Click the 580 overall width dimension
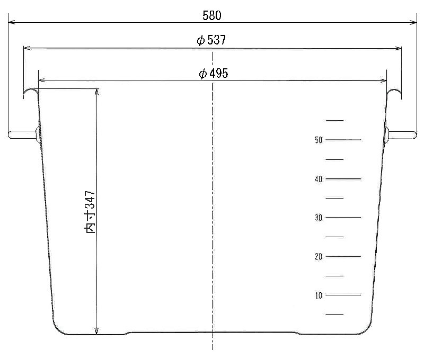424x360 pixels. pyautogui.click(x=212, y=16)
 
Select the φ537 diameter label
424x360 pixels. pyautogui.click(x=211, y=40)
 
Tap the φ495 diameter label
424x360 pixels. pyautogui.click(x=214, y=73)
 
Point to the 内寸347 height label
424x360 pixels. pyautogui.click(x=90, y=212)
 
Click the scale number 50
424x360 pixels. pyautogui.click(x=319, y=140)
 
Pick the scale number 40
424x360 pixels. pyautogui.click(x=319, y=179)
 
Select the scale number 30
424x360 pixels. pyautogui.click(x=319, y=218)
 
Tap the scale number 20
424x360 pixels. pyautogui.click(x=319, y=256)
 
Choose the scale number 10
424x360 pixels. pyautogui.click(x=319, y=295)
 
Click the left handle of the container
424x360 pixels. pyautogui.click(x=23, y=135)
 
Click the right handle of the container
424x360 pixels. pyautogui.click(x=401, y=135)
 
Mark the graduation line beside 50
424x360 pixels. pyautogui.click(x=343, y=140)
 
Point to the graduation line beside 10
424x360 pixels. pyautogui.click(x=343, y=295)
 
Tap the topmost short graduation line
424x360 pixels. pyautogui.click(x=334, y=120)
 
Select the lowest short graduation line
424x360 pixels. pyautogui.click(x=334, y=314)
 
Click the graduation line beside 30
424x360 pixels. pyautogui.click(x=343, y=218)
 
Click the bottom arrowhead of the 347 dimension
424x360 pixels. pyautogui.click(x=96, y=331)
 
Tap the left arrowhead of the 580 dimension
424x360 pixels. pyautogui.click(x=12, y=22)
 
